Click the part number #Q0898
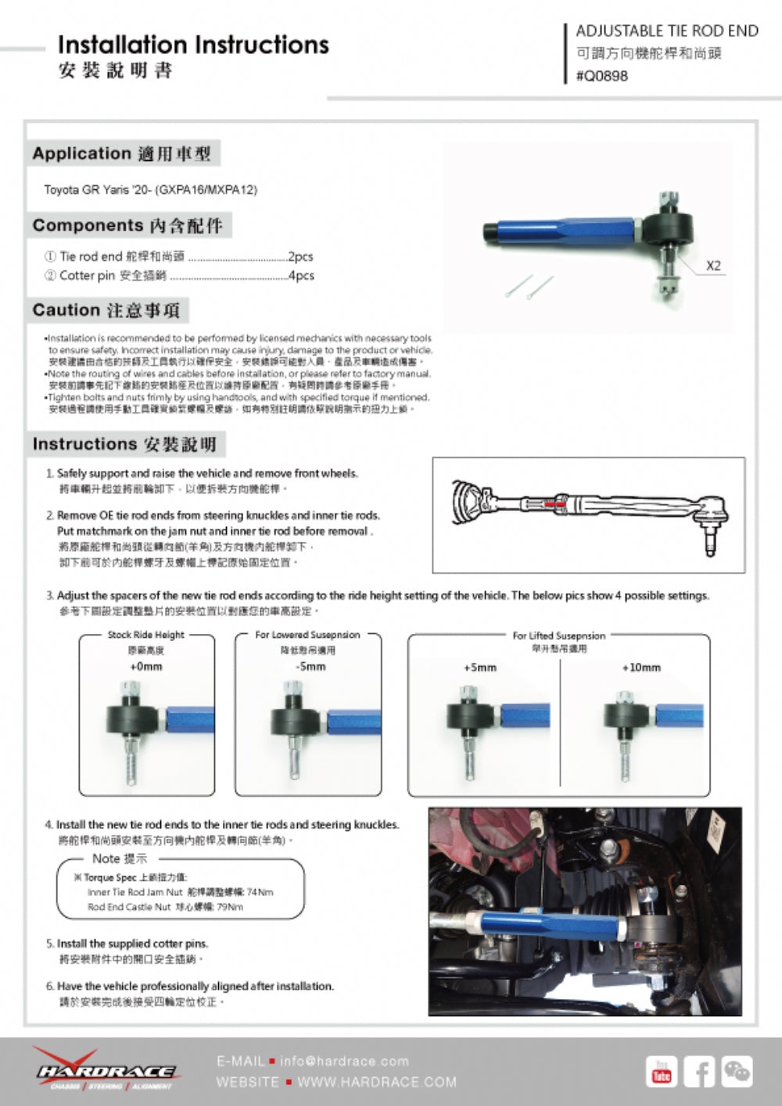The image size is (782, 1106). click(x=602, y=76)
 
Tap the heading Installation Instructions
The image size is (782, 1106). click(x=193, y=45)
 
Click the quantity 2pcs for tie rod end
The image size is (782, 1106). click(x=300, y=256)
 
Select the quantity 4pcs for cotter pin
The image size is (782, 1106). click(x=301, y=276)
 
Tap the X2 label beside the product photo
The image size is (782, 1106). click(x=713, y=266)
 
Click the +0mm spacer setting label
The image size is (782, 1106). click(x=146, y=667)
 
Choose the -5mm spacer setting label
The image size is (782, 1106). click(x=311, y=667)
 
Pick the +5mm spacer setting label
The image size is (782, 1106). click(x=480, y=668)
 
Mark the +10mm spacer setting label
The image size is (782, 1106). click(x=641, y=668)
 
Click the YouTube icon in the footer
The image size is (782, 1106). click(x=662, y=1072)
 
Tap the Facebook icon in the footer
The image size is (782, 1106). click(x=699, y=1072)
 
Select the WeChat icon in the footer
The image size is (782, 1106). click(x=737, y=1072)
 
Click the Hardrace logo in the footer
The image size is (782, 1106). click(x=106, y=1070)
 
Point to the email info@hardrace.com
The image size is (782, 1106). click(x=344, y=1061)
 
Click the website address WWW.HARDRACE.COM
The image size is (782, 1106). click(x=377, y=1083)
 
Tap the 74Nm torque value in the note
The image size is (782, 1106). click(x=260, y=892)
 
